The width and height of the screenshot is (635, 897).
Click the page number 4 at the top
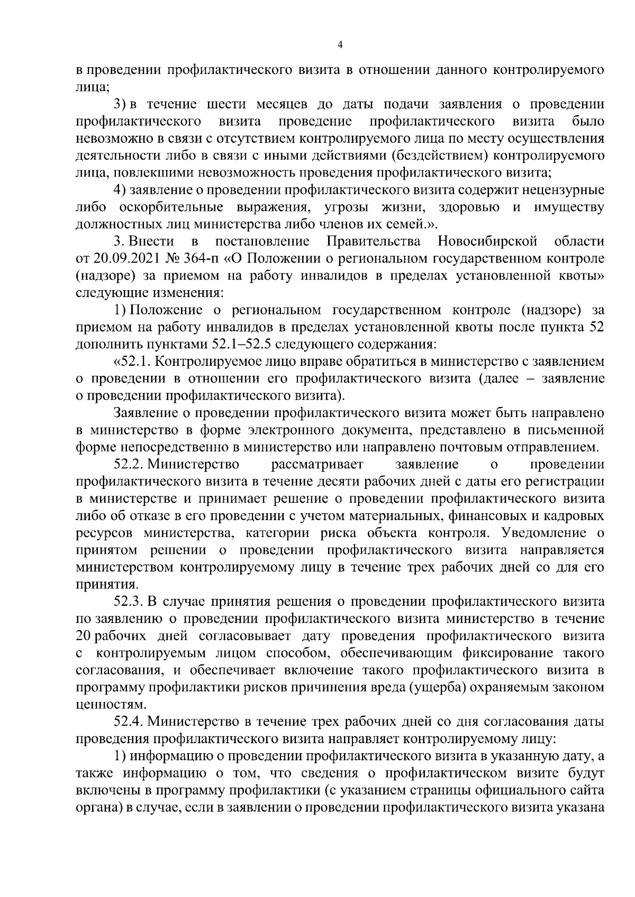[340, 45]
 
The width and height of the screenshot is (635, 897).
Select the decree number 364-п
[193, 259]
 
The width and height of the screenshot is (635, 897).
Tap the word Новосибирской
[487, 242]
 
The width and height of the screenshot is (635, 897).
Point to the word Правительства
[374, 242]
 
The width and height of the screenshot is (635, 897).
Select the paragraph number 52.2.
[129, 465]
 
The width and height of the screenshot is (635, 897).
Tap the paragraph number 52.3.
[129, 602]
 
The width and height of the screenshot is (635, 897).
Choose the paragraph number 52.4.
[129, 722]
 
